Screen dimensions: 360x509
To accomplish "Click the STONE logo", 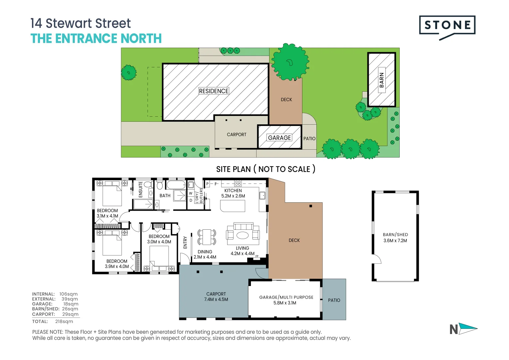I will coord(447,26).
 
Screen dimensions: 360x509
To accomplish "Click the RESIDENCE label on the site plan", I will coord(214,91).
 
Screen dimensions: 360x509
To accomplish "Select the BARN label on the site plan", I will coord(381,80).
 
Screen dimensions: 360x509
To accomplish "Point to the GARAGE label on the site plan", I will coord(279,138).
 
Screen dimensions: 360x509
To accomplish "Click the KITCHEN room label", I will coord(233,191).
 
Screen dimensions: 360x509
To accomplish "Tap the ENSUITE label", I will coord(141,189).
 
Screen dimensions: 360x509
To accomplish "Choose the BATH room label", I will coord(165,196).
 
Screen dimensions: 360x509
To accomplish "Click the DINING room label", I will coord(205,252).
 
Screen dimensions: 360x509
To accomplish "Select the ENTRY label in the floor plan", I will coord(185,242).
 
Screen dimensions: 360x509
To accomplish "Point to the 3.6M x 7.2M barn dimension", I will coord(395,240).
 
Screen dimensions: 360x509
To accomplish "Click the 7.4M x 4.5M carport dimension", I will coord(216,299).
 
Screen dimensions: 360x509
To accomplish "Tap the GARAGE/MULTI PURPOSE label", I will coord(286,297).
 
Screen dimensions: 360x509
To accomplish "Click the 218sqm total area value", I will coord(64,321).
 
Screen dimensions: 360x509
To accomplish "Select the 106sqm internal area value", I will coord(68,294).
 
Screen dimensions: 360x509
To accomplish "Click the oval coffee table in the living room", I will coord(243,235).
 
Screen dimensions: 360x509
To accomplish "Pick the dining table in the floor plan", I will coord(207,237).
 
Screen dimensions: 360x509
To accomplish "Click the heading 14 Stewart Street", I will coord(80,23).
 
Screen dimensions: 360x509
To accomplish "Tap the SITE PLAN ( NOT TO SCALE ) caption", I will coord(265,169).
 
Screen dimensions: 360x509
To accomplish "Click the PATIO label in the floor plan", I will coord(334,300).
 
